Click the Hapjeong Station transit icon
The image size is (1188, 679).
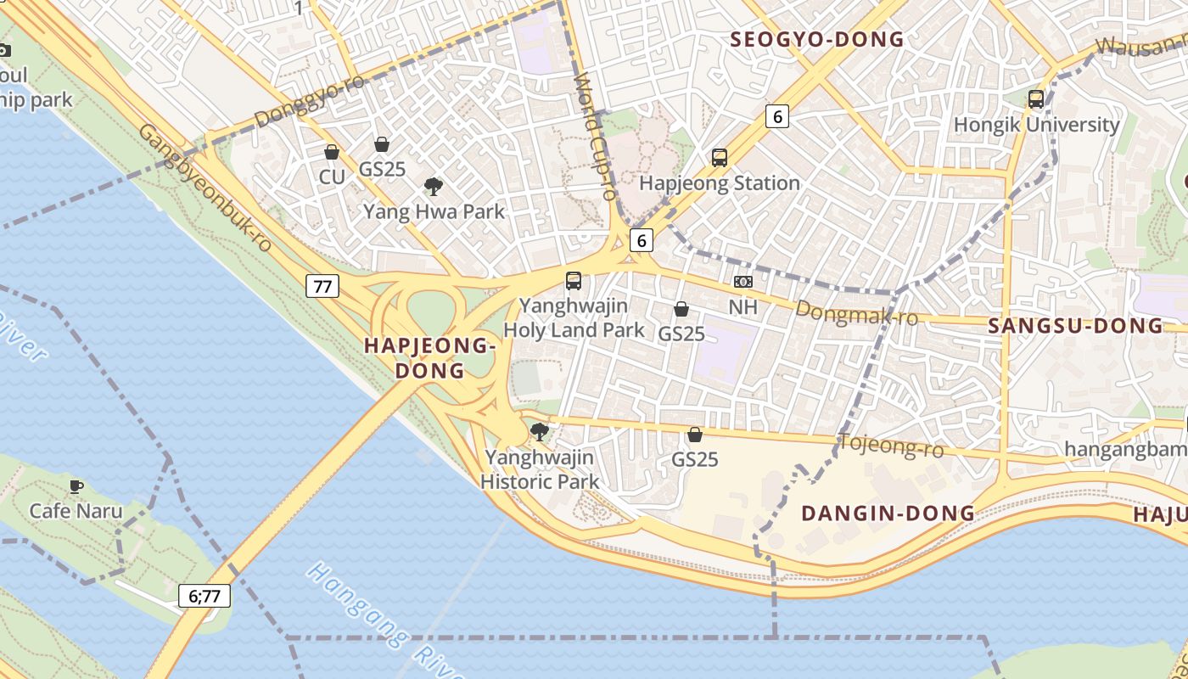point(720,158)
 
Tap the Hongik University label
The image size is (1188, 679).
point(1036,125)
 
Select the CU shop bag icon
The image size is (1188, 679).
point(332,153)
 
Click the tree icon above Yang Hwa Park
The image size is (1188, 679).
point(434,187)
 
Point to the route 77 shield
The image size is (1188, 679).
point(322,286)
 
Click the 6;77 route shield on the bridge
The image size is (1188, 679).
point(205,596)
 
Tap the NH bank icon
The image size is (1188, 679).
point(742,282)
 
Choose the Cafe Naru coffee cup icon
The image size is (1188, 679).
point(76,486)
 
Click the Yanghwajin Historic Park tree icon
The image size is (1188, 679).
point(539,432)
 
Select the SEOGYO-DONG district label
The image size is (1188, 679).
point(817,40)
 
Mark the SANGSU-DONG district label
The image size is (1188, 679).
point(1075,326)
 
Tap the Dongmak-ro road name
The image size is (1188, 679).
point(856,314)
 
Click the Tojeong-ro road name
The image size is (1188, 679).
point(890,445)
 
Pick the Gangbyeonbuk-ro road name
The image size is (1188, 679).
point(205,188)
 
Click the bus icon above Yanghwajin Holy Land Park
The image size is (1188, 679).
point(574,281)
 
